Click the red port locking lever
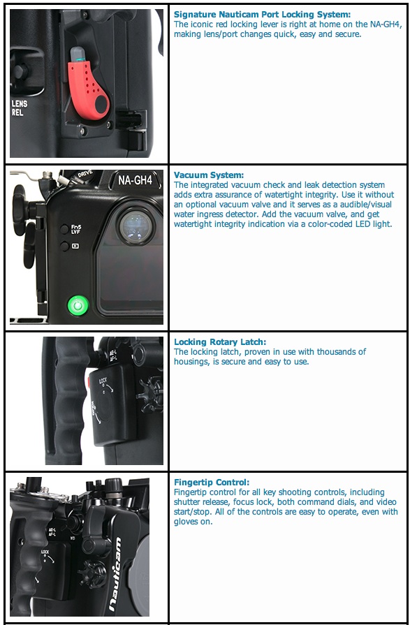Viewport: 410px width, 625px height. click(86, 89)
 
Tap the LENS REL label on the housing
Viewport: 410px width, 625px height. click(20, 108)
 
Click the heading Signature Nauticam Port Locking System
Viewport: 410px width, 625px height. click(261, 15)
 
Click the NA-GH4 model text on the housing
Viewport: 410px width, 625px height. click(134, 179)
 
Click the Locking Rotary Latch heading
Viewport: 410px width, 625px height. click(219, 342)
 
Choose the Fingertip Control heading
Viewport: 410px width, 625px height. click(211, 483)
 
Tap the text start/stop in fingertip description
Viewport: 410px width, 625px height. click(193, 512)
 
